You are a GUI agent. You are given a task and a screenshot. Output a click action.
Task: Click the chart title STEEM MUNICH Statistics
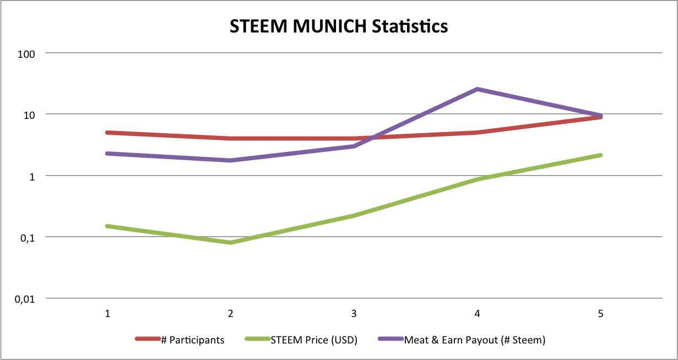click(339, 26)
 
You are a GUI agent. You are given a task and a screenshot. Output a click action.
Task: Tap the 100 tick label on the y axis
click(26, 53)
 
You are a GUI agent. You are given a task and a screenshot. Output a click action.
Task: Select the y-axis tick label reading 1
click(32, 176)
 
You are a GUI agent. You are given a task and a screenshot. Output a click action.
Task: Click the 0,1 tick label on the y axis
click(28, 237)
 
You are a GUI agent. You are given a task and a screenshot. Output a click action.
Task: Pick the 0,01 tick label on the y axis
click(25, 299)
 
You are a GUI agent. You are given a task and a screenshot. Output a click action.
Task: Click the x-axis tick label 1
click(107, 314)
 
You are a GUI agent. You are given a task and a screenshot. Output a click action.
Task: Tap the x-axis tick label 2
click(231, 314)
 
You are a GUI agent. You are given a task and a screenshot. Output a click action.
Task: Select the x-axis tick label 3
click(354, 314)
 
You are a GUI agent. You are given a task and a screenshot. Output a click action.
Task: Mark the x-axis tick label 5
click(600, 314)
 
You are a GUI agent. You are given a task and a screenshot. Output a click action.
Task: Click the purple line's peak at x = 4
click(478, 89)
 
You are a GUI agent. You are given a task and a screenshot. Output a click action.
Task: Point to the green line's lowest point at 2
click(231, 243)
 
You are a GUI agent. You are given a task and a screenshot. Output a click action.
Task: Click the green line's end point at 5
click(600, 155)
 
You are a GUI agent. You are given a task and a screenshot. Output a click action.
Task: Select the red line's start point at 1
click(107, 133)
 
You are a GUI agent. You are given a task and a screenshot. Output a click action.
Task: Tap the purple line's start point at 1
click(107, 154)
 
